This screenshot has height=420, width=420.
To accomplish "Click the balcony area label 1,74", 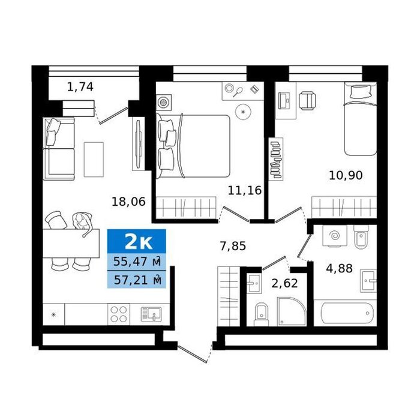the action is pyautogui.click(x=80, y=87).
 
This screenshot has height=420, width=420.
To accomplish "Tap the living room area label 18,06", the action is pyautogui.click(x=128, y=202).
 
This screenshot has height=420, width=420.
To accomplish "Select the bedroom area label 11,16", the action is pyautogui.click(x=245, y=190).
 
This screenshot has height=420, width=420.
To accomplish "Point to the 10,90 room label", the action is pyautogui.click(x=346, y=175).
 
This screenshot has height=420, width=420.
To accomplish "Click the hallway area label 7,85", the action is pyautogui.click(x=233, y=246).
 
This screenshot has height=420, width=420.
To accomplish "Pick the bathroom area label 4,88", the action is pyautogui.click(x=339, y=268).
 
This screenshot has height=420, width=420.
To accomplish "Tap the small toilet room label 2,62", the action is pyautogui.click(x=284, y=283).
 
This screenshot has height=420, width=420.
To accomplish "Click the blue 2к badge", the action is pyautogui.click(x=137, y=241).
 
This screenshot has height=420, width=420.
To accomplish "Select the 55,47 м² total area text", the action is pyautogui.click(x=137, y=262).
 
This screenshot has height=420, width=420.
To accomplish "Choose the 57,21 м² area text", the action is pyautogui.click(x=137, y=280).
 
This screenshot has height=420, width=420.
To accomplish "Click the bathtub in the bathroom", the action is pyautogui.click(x=347, y=313).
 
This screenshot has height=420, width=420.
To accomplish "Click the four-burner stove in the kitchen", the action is pyautogui.click(x=119, y=314).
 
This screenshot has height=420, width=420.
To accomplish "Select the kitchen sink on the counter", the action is pyautogui.click(x=151, y=314).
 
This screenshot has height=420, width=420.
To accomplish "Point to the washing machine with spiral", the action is pyautogui.click(x=335, y=236).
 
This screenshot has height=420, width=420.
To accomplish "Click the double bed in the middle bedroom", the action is pyautogui.click(x=193, y=146).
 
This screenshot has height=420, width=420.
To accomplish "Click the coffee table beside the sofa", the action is pyautogui.click(x=94, y=160).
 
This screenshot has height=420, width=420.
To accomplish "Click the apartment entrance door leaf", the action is pyautogui.click(x=193, y=354).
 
